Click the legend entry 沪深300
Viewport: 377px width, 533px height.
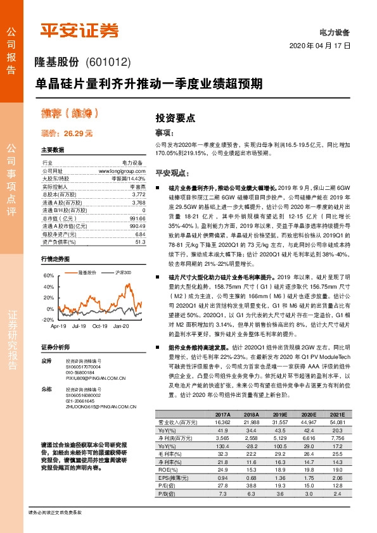pos(124,272)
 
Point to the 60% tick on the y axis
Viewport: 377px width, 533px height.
pos(49,277)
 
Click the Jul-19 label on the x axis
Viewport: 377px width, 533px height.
pos(79,326)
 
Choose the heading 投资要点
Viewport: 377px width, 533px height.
pos(176,118)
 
